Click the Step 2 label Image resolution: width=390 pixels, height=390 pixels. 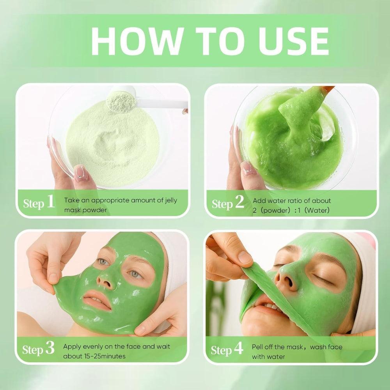228,203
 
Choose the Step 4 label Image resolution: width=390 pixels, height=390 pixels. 227,349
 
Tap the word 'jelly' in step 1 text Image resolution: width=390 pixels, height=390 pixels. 168,200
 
